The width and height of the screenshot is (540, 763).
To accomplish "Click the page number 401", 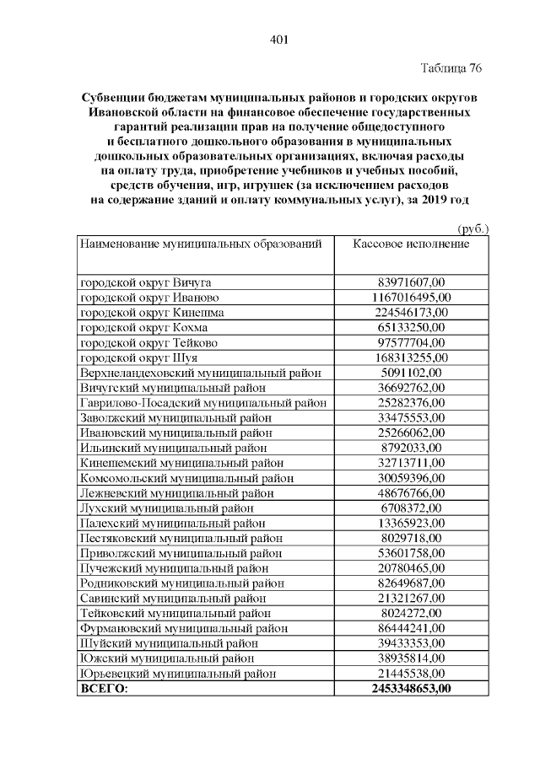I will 279,38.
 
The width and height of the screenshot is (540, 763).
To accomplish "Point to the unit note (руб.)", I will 472,228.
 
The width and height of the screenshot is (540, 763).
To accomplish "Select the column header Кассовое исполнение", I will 411,244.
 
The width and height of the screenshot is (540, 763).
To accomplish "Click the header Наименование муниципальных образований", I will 201,244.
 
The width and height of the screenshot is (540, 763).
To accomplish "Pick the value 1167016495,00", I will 411,298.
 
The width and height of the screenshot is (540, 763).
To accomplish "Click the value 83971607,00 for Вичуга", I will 411,282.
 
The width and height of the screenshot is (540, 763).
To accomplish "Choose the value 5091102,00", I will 411,372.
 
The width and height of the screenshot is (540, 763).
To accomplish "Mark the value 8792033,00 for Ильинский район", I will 411,448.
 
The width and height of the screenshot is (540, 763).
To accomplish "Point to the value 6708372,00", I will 411,508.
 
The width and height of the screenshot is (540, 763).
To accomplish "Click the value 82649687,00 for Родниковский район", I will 411,583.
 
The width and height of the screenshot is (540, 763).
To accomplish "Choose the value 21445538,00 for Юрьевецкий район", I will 411,673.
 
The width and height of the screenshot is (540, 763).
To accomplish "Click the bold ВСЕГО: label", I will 103,689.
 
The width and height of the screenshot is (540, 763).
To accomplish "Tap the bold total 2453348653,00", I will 411,689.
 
